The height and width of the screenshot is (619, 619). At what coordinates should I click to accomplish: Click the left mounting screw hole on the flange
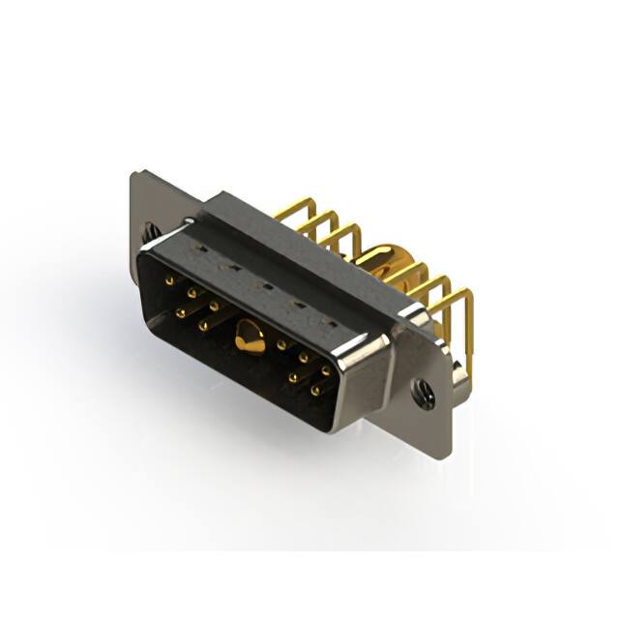click(148, 232)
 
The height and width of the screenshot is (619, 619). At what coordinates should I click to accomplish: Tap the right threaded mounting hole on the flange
click(423, 390)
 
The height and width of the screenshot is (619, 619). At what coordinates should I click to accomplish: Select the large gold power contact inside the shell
click(249, 339)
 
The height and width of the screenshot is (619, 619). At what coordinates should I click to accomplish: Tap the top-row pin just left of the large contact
click(214, 306)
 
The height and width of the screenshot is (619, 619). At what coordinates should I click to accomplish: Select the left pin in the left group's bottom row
click(181, 311)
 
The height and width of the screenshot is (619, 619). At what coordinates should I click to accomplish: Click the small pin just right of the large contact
click(280, 344)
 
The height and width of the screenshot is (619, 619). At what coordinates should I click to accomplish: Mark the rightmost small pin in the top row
click(326, 370)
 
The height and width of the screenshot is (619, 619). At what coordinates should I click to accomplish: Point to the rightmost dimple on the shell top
click(325, 320)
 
